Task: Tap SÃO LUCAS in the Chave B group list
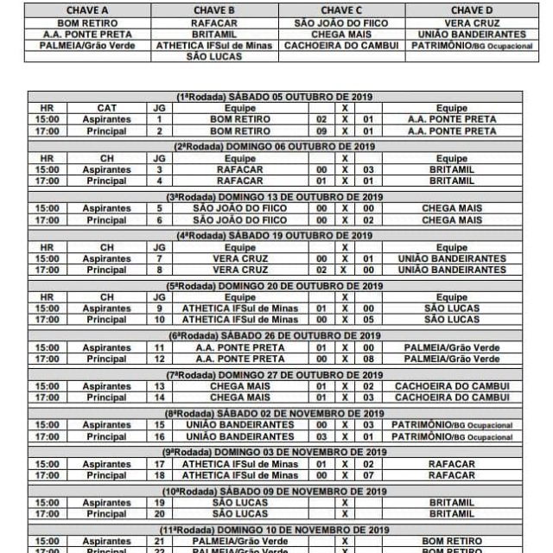coord(216,57)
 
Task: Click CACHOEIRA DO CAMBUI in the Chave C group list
coord(342,45)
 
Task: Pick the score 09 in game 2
coord(321,131)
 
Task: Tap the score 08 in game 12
coord(369,358)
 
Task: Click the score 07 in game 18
coord(369,474)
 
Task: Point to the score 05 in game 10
coord(369,319)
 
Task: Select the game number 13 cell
coord(159,385)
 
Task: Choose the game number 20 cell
coord(159,513)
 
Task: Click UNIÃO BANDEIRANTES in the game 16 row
coord(229,435)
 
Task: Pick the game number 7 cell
coord(159,258)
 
